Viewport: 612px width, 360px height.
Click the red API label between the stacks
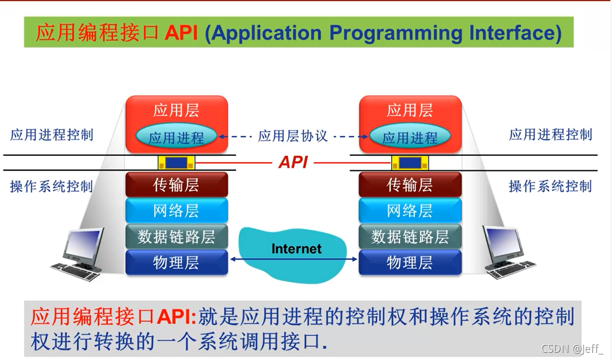[x=293, y=162]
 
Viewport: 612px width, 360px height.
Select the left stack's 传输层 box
[x=176, y=185]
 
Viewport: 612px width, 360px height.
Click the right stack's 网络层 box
[x=410, y=210]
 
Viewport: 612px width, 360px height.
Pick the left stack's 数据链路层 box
[x=176, y=236]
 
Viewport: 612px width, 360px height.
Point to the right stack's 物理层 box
[x=410, y=262]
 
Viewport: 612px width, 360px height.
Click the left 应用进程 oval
[x=176, y=137]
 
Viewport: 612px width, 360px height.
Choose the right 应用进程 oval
[x=410, y=137]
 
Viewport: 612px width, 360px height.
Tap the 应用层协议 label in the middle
[x=293, y=136]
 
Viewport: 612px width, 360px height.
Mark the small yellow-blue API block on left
[x=177, y=163]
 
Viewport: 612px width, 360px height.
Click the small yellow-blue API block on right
[x=410, y=163]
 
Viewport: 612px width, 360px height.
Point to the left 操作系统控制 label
[x=51, y=186]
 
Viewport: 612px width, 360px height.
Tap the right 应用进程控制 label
[x=550, y=135]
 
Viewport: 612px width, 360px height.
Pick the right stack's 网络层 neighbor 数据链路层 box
[x=410, y=236]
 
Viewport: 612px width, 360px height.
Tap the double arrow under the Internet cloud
[x=293, y=259]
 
